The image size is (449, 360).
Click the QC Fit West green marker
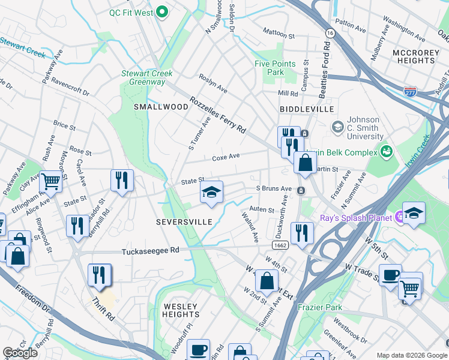pyautogui.click(x=161, y=12)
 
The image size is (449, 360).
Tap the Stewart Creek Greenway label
pyautogui.click(x=147, y=78)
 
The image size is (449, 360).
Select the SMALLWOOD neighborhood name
pyautogui.click(x=152, y=106)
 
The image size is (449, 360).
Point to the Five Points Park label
pyautogui.click(x=275, y=68)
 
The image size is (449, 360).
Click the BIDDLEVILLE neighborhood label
pyautogui.click(x=306, y=109)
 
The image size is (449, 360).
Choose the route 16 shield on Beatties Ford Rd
pyautogui.click(x=330, y=32)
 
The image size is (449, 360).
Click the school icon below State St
pyautogui.click(x=211, y=193)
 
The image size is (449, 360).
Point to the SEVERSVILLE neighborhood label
pyautogui.click(x=184, y=222)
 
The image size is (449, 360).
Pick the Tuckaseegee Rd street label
pyautogui.click(x=150, y=251)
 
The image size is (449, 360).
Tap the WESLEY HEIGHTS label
pyautogui.click(x=181, y=310)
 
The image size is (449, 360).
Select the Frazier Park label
pyautogui.click(x=320, y=307)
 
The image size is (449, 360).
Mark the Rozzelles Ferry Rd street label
pyautogui.click(x=217, y=115)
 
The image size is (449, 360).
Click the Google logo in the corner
pyautogui.click(x=20, y=353)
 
